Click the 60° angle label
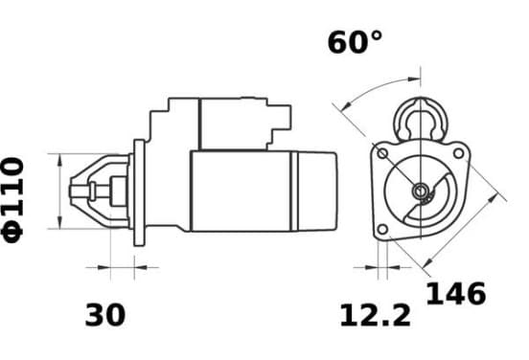click(x=355, y=42)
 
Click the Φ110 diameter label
click(x=13, y=200)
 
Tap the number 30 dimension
click(x=104, y=315)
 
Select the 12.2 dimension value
click(x=375, y=316)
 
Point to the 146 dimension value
click(x=456, y=294)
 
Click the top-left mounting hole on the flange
click(x=382, y=154)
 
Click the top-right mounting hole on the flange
click(x=458, y=153)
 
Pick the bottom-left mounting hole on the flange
click(x=382, y=230)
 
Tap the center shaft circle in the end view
click(x=421, y=191)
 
